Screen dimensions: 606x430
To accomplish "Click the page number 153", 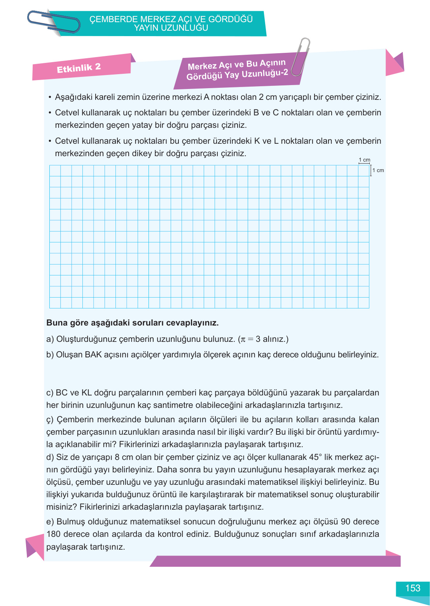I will [x=413, y=588].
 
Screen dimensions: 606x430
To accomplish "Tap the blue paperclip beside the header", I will [x=53, y=22].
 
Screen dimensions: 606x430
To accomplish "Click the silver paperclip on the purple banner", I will [x=301, y=56].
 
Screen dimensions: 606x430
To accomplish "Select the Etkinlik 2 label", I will [x=79, y=68].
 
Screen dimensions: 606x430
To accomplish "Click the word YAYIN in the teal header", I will [x=146, y=28].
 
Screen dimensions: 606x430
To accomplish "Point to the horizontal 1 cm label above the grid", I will [x=364, y=160].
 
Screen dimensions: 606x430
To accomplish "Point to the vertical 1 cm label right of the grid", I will [x=378, y=170].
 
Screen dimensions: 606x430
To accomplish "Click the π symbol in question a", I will [x=243, y=339].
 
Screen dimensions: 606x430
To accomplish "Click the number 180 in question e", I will [x=53, y=534].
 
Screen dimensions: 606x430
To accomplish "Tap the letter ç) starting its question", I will [x=50, y=420].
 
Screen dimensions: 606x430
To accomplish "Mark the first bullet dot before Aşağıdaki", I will [x=50, y=97].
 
